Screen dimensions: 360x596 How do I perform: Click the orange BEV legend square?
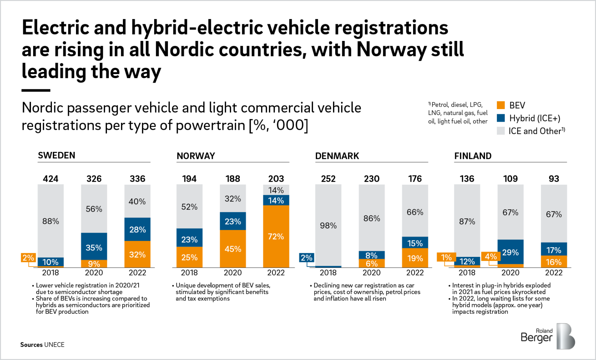point(501,105)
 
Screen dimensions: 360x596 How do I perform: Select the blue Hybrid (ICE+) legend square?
point(501,118)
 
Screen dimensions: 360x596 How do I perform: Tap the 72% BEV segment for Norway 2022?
point(276,236)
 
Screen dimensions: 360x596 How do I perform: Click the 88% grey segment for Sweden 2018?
point(51,221)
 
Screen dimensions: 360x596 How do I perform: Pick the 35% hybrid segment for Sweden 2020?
point(94,247)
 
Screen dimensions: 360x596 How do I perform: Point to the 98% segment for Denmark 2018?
point(328,225)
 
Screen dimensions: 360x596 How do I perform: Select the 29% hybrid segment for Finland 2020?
point(510,252)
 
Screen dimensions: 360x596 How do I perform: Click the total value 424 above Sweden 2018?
point(51,179)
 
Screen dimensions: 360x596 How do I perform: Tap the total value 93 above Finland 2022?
point(554,179)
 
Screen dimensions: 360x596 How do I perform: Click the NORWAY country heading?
point(196,156)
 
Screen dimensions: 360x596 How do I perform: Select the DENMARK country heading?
point(337,156)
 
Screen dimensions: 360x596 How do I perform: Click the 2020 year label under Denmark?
point(371,273)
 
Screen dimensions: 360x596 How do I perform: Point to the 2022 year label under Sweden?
point(137,273)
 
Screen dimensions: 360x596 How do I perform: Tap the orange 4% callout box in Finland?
point(490,257)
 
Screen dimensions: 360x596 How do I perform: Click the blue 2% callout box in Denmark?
point(307,258)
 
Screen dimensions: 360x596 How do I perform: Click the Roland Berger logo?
point(548,336)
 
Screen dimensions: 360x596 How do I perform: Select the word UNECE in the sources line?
point(54,345)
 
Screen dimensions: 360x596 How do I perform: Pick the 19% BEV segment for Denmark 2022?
point(415,258)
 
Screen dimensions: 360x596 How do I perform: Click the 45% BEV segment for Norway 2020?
point(233,249)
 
